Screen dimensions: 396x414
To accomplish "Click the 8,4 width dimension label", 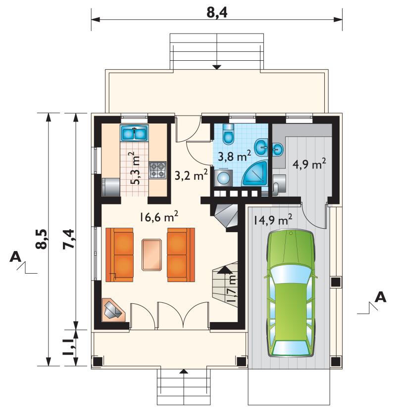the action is coord(217,13).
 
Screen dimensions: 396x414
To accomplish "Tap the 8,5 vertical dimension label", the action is coord(42,239).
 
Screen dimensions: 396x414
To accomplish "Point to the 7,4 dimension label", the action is coord(69,239).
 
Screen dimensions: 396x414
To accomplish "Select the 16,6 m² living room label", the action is coord(158,217).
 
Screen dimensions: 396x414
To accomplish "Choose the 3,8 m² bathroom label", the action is coord(234,156).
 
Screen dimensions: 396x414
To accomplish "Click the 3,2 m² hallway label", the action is coord(191,174).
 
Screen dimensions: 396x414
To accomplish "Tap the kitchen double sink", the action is coord(134,133).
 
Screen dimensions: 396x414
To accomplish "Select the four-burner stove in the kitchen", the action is coord(158,170).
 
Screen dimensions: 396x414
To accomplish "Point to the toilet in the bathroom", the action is coord(229,134).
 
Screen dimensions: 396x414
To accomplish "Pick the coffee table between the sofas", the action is coord(152,255).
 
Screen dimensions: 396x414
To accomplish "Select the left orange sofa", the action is coord(120,255).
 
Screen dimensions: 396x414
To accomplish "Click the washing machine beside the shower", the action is coord(223,178).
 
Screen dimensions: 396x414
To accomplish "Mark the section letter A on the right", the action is coord(381,297).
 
